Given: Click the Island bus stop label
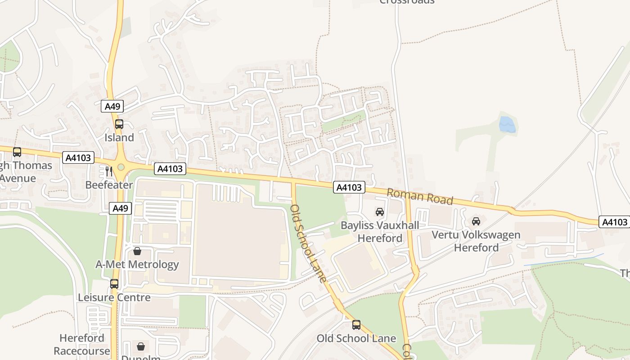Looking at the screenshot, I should (119, 138).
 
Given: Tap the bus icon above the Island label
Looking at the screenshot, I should (119, 124).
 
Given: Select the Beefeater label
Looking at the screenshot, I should (109, 185).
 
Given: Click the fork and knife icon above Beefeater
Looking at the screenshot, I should (108, 171).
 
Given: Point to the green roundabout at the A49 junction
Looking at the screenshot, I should (121, 167).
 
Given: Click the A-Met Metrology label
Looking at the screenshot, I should (137, 264).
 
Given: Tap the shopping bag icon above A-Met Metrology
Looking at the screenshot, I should (137, 251).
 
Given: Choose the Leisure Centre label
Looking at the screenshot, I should (114, 297).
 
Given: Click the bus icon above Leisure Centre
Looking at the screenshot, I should (114, 284).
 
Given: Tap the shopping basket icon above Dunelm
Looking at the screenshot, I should (141, 346).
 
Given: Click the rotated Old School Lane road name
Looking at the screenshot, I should (308, 243).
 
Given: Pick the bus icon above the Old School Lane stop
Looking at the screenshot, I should (356, 324).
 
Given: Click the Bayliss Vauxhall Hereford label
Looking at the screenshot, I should (380, 231).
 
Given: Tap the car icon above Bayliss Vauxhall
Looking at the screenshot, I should (380, 211).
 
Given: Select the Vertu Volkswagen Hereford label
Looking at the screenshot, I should (476, 241).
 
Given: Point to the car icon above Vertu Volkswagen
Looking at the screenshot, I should (476, 221).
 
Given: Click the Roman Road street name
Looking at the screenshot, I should (420, 196).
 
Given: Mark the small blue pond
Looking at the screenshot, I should (507, 125).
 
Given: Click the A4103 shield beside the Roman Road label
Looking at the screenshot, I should (349, 187).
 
